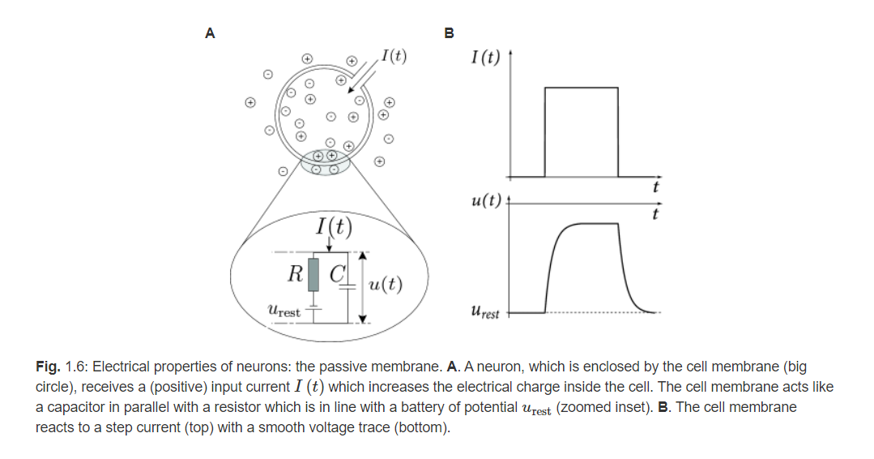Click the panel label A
click(x=210, y=33)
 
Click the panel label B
click(x=450, y=33)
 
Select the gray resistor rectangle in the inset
click(x=313, y=273)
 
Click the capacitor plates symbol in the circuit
click(x=348, y=286)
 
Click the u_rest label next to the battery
click(x=283, y=310)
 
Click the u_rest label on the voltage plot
click(x=484, y=311)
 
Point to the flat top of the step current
click(x=582, y=88)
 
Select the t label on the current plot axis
click(x=655, y=187)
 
